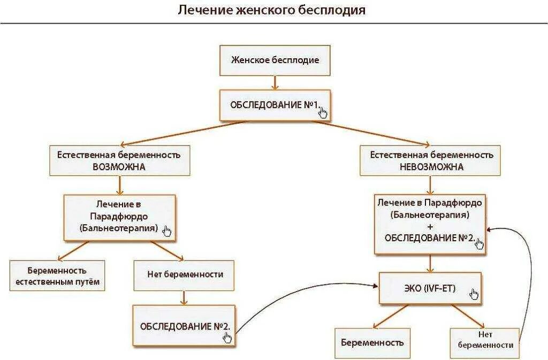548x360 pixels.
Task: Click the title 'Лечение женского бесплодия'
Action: click(x=272, y=11)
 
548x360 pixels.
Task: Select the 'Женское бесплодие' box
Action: click(x=275, y=60)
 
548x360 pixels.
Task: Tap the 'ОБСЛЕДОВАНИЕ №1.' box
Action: click(x=275, y=105)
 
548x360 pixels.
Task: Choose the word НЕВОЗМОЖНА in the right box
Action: click(x=431, y=166)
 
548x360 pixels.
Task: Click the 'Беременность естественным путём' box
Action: click(x=57, y=276)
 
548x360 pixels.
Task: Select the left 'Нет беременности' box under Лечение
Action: click(x=185, y=274)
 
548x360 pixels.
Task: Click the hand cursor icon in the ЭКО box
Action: click(x=473, y=294)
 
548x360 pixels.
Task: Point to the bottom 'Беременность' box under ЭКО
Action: click(x=372, y=342)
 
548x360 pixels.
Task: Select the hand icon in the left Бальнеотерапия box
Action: click(x=167, y=231)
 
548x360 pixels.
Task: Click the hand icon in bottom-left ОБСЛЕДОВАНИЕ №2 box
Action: click(x=227, y=337)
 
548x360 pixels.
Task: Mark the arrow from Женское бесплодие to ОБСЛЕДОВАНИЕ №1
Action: click(x=275, y=82)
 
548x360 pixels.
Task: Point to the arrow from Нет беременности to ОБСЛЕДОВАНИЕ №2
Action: click(x=185, y=297)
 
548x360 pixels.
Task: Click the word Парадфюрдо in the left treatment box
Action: click(x=119, y=216)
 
